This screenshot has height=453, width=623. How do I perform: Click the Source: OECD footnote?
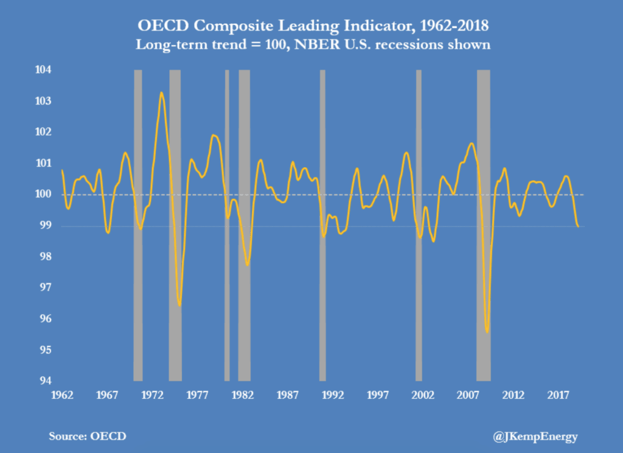(88, 436)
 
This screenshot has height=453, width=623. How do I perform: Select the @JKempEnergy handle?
(535, 436)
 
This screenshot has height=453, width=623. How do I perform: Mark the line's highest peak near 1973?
(161, 92)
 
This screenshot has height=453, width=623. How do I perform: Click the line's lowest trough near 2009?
(487, 332)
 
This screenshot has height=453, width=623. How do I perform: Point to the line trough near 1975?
(179, 305)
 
